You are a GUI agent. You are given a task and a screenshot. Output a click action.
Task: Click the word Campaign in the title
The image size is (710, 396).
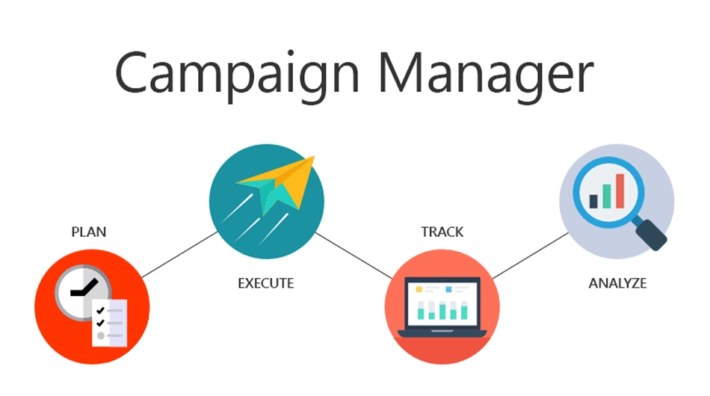pyautogui.click(x=238, y=75)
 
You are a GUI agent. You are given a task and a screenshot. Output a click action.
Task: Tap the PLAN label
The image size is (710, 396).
pyautogui.click(x=89, y=232)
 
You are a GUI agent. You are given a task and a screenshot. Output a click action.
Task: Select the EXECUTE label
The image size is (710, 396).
pyautogui.click(x=266, y=283)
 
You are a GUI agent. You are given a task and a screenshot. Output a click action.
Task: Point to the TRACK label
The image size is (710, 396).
pyautogui.click(x=442, y=232)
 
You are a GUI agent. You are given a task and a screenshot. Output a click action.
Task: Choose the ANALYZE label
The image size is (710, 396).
pyautogui.click(x=617, y=283)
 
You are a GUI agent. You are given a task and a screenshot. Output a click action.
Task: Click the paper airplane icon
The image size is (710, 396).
pyautogui.click(x=276, y=185)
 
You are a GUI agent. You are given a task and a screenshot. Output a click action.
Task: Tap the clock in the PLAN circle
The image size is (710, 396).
pyautogui.click(x=83, y=292)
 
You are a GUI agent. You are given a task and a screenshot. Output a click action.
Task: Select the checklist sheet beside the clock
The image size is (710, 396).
pyautogui.click(x=110, y=323)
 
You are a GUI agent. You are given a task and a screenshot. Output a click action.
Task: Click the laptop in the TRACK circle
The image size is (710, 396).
pyautogui.click(x=442, y=307)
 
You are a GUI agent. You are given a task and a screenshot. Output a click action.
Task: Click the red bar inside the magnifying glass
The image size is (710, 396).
pyautogui.click(x=620, y=191)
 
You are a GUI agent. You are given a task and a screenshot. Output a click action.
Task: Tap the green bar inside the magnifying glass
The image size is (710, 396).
pyautogui.click(x=607, y=197)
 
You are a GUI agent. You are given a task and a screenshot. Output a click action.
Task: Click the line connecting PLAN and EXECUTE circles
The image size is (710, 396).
pyautogui.click(x=180, y=254)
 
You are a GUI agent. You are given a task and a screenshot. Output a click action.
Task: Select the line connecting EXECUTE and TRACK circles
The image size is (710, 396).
pyautogui.click(x=354, y=256)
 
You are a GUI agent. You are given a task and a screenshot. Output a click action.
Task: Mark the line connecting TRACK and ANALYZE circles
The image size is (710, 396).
pyautogui.click(x=530, y=256)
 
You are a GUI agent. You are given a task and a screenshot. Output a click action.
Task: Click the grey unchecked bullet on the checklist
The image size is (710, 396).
pyautogui.click(x=101, y=335)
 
